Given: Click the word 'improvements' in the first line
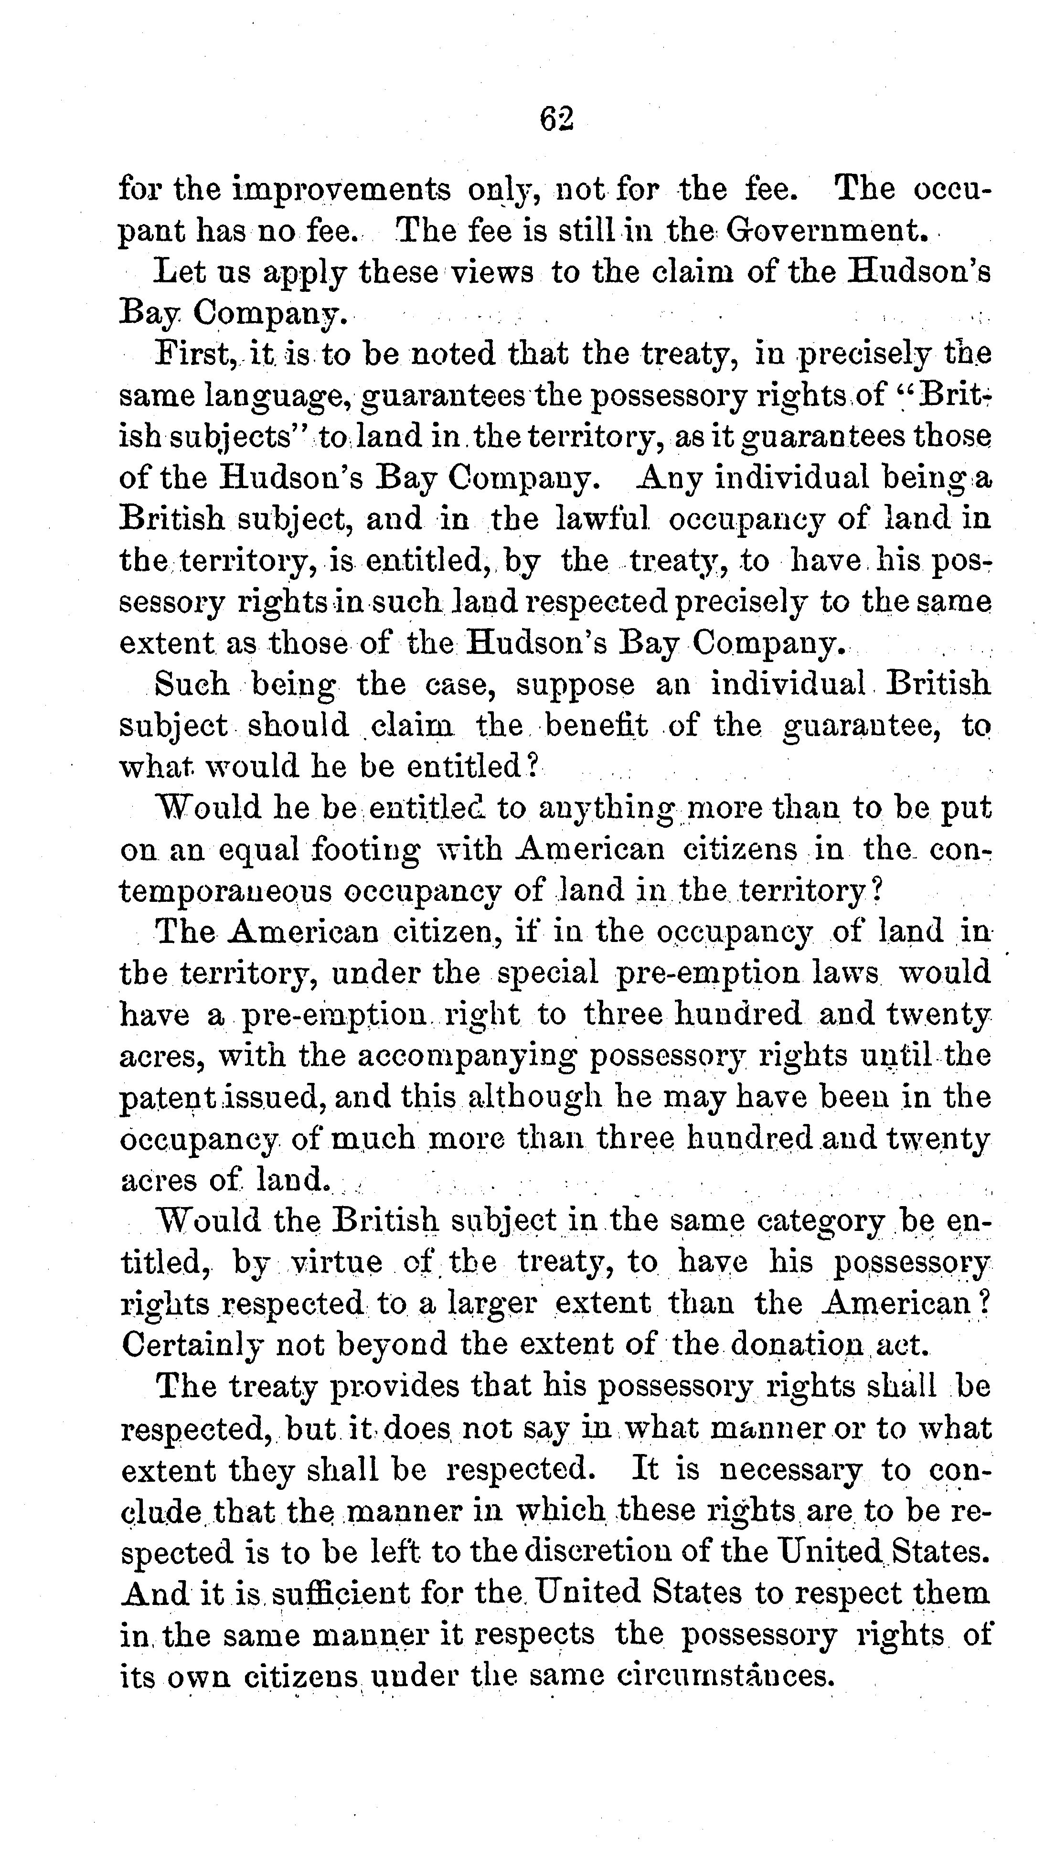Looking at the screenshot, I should pyautogui.click(x=341, y=190).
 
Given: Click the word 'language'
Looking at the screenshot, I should pyautogui.click(x=278, y=397).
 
